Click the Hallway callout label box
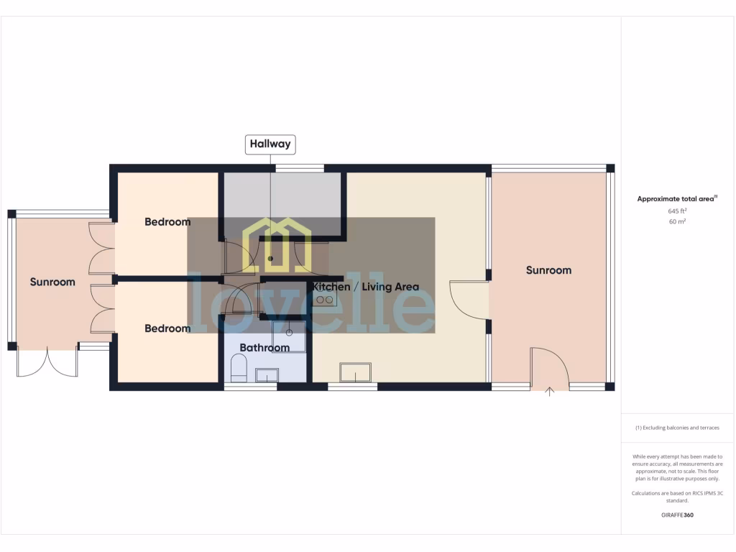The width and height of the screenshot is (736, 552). point(270,144)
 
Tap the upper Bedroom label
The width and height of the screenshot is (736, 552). point(167,222)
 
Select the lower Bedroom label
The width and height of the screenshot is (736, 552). point(167,328)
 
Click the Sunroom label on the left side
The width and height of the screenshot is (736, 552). point(52,282)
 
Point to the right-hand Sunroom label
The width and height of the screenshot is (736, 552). point(548,270)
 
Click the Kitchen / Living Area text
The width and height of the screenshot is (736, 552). point(365,287)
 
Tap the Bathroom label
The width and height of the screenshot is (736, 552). point(264,348)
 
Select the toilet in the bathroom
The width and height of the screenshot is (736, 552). point(239,370)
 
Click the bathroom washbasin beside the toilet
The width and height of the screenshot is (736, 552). point(267,374)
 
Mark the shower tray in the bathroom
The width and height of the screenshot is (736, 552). point(289,336)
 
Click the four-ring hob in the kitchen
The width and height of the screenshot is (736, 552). point(325,297)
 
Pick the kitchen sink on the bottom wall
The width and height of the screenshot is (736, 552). point(356,372)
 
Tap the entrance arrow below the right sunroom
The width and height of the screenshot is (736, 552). point(551,392)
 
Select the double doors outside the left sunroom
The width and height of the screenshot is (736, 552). point(47,362)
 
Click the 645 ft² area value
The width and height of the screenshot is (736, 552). point(676,211)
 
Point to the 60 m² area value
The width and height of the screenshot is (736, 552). point(676,222)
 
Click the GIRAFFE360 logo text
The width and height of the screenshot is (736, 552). point(677,515)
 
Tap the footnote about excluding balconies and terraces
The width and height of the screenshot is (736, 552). point(677,428)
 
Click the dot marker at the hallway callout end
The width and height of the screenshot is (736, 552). point(271,257)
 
